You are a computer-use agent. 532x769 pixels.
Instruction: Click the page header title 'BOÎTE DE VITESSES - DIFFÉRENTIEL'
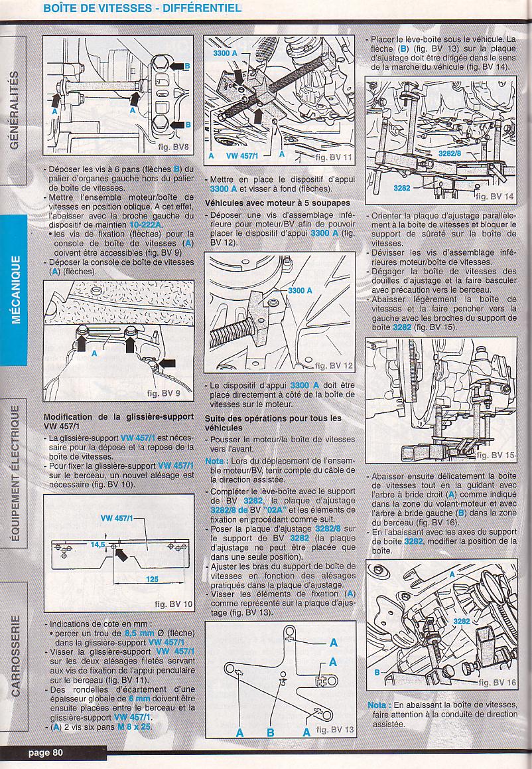click(x=142, y=9)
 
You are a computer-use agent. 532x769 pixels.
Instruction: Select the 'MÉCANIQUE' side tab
click(x=16, y=290)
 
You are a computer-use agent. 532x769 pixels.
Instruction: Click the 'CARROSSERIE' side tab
click(x=16, y=655)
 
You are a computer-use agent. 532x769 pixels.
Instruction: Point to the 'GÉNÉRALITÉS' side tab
click(x=15, y=110)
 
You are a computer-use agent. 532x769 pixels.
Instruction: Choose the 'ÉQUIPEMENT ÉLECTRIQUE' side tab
click(x=16, y=473)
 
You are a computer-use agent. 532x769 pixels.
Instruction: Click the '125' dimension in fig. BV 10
click(x=152, y=579)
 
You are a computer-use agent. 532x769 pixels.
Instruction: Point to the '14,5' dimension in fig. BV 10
click(x=98, y=544)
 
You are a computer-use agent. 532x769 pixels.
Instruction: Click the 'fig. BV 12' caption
click(x=333, y=366)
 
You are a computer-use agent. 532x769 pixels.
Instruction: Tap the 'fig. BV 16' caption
click(x=497, y=683)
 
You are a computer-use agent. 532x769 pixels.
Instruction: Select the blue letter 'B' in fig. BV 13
click(x=270, y=732)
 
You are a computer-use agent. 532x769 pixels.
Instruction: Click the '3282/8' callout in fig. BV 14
click(x=449, y=153)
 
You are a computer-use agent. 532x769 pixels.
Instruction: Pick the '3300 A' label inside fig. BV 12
click(x=300, y=290)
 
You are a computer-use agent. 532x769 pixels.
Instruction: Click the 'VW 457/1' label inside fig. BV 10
click(x=116, y=518)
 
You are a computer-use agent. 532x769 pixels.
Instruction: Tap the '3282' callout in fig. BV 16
click(x=462, y=622)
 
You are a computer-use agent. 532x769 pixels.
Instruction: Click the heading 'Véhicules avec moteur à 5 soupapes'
click(x=277, y=203)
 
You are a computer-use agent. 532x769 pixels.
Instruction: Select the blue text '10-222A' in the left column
click(x=146, y=224)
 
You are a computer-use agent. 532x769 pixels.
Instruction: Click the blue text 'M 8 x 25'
click(x=134, y=726)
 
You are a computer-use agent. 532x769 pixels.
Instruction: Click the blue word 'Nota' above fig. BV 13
click(x=214, y=461)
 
